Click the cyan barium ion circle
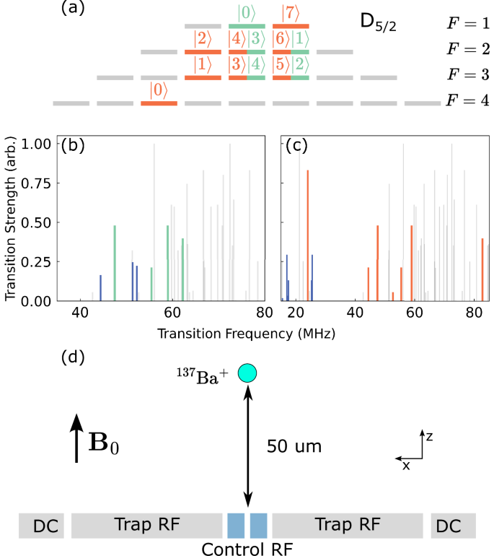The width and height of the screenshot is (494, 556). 247,373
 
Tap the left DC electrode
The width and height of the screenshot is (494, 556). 42,526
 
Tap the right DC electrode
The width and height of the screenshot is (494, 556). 454,526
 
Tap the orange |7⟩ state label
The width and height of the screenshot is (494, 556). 291,12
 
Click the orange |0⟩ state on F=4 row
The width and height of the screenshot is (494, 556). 159,91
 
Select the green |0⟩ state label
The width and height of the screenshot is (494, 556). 247,12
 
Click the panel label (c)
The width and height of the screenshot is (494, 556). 297,146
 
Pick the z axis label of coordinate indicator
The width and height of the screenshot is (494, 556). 428,437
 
